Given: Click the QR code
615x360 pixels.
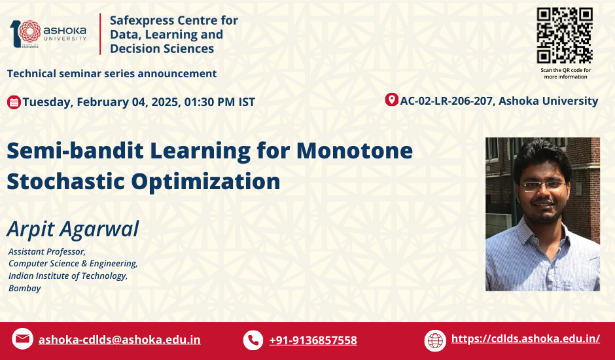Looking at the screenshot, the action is click(565, 35).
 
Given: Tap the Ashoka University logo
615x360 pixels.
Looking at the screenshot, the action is click(48, 34).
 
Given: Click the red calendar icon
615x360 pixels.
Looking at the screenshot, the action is click(14, 102).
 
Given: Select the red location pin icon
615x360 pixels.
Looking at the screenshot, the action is click(391, 99).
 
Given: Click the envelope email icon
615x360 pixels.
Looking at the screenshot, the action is click(22, 339).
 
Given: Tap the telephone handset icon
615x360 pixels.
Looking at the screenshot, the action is click(253, 340).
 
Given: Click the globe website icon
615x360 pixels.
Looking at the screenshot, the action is click(435, 340).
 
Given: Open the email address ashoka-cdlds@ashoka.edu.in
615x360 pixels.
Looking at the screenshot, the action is click(120, 340).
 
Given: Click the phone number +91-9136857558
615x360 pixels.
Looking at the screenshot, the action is click(313, 340).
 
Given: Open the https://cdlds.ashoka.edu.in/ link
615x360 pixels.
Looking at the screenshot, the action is click(525, 338).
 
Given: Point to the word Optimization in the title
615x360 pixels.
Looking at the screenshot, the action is click(205, 182).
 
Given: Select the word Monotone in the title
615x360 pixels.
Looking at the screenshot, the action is click(355, 151).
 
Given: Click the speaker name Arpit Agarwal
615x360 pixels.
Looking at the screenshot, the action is click(73, 229).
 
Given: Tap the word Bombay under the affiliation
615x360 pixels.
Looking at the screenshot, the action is click(25, 289).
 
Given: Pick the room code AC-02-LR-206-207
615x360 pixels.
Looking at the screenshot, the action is click(446, 101).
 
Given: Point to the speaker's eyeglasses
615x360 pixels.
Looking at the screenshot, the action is click(544, 186).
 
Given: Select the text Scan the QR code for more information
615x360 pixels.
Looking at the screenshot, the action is click(565, 73).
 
